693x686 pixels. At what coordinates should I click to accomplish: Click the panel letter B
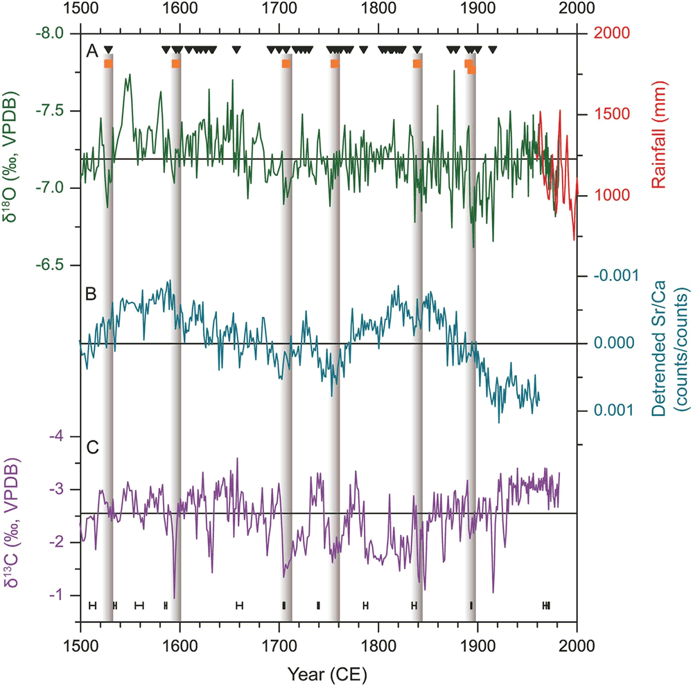[x=89, y=294]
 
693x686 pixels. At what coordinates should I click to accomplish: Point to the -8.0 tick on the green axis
[x=49, y=33]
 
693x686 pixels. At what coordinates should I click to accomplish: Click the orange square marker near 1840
[x=416, y=64]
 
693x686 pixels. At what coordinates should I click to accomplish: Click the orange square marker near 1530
[x=108, y=64]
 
